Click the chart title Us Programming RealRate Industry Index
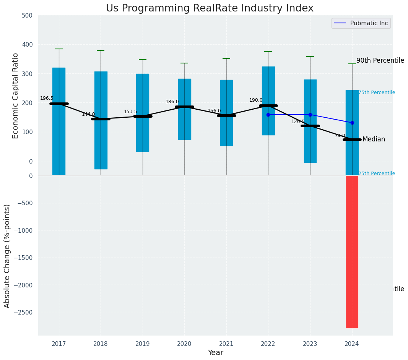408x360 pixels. (210, 8)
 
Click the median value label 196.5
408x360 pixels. (47, 98)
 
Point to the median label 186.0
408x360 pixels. (172, 102)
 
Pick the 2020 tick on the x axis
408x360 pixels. (184, 344)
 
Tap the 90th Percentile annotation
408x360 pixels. (380, 60)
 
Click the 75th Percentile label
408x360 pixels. (377, 92)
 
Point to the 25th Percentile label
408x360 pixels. (377, 174)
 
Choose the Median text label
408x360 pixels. (374, 139)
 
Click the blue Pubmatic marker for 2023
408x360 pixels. (310, 115)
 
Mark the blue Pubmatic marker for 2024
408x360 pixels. (352, 123)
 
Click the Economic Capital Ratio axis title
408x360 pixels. (16, 96)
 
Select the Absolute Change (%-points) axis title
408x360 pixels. (7, 256)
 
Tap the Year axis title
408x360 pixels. (215, 353)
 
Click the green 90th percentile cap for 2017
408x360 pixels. (59, 49)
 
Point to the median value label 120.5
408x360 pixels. (298, 122)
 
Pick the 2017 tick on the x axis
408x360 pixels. (59, 344)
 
